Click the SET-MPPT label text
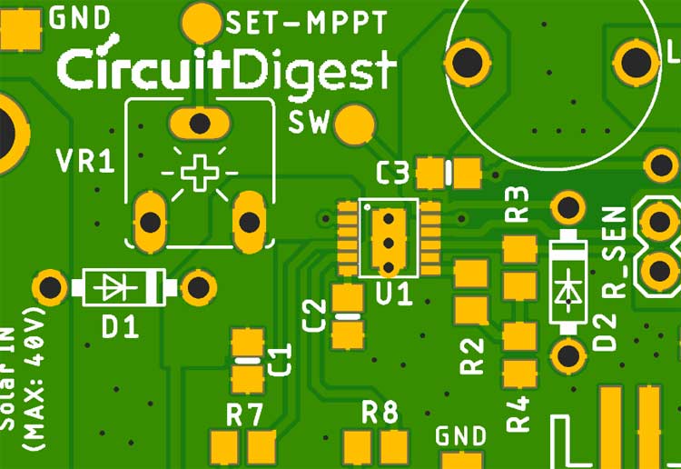pos(306,23)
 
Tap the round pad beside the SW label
pos(354,125)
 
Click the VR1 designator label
pos(85,163)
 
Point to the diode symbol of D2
pos(569,285)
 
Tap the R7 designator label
pos(244,415)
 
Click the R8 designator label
pos(380,413)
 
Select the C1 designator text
pos(281,360)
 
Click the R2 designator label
pos(472,355)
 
